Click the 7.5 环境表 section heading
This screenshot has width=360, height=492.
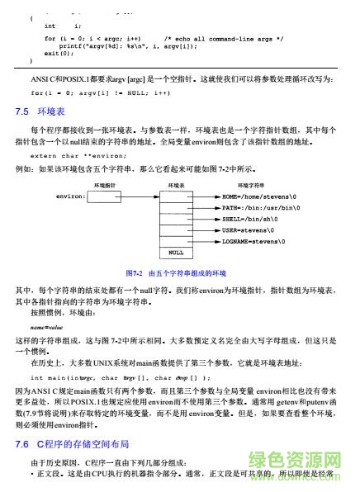click(x=37, y=111)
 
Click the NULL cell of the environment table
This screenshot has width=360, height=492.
click(x=176, y=253)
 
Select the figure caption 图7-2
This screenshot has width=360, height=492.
click(x=175, y=272)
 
